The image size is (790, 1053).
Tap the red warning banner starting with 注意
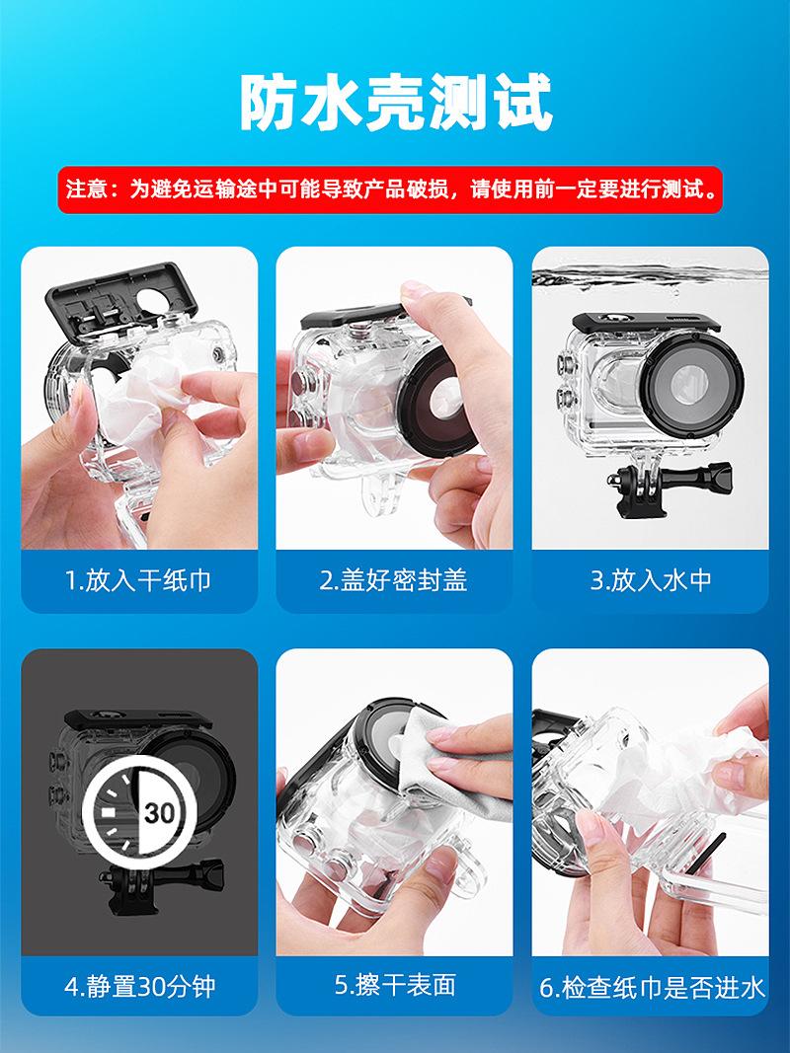click(x=390, y=189)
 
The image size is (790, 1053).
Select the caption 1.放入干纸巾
click(x=138, y=580)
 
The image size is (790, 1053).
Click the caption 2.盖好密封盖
click(x=394, y=580)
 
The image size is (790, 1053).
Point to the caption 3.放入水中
click(x=651, y=580)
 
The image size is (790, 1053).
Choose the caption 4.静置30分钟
click(x=139, y=986)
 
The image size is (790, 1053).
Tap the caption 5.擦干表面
click(x=395, y=985)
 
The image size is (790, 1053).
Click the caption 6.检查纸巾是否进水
click(x=652, y=987)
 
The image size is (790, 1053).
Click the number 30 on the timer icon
click(x=159, y=813)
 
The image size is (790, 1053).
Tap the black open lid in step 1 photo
click(x=122, y=302)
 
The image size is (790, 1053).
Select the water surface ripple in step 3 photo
click(x=650, y=276)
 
